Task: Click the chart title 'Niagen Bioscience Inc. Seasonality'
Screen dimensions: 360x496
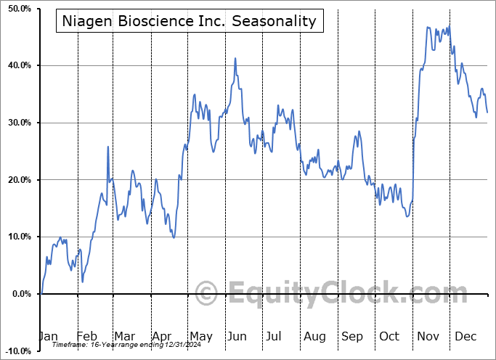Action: pyautogui.click(x=188, y=21)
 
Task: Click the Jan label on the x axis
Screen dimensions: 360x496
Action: pyautogui.click(x=47, y=337)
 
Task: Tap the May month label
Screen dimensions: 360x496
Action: pyautogui.click(x=200, y=337)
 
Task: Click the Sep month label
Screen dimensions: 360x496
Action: pyautogui.click(x=352, y=337)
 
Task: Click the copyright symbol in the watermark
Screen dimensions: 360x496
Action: pyautogui.click(x=207, y=294)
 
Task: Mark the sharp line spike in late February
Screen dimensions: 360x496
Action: pyautogui.click(x=108, y=147)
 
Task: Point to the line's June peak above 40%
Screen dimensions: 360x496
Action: pyautogui.click(x=235, y=58)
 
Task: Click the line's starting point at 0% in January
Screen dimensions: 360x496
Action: pyautogui.click(x=41, y=293)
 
